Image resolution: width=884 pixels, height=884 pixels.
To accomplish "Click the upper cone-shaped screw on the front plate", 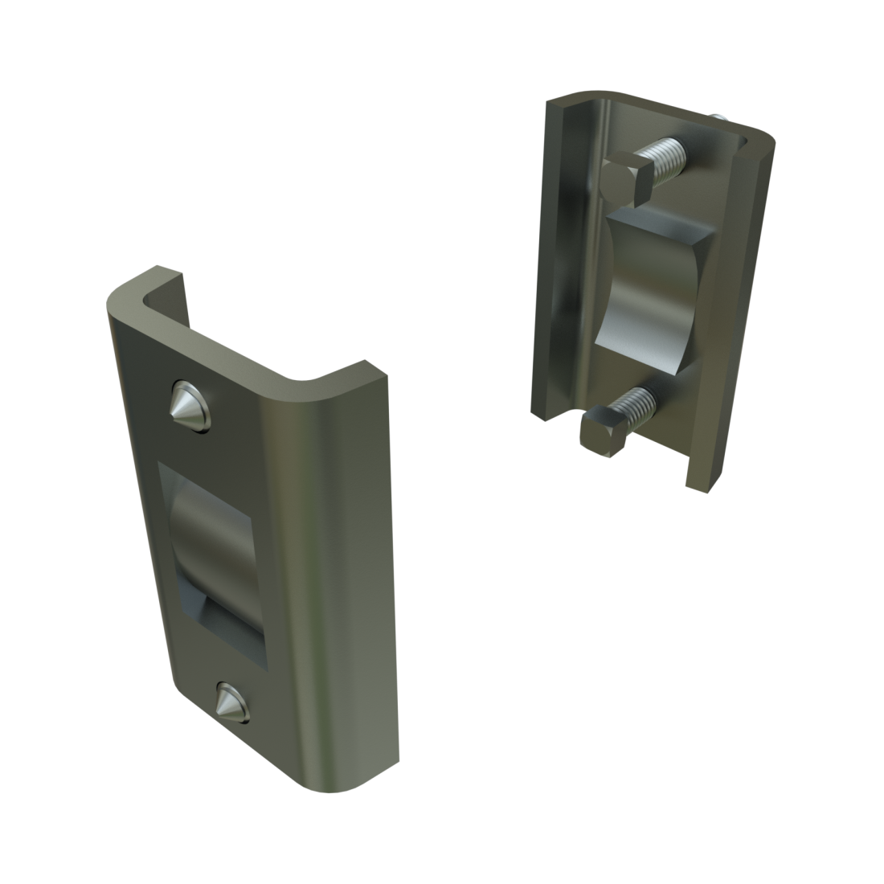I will [190, 406].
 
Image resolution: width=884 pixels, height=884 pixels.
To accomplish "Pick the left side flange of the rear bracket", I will [559, 257].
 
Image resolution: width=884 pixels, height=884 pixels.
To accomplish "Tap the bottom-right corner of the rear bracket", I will [707, 485].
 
